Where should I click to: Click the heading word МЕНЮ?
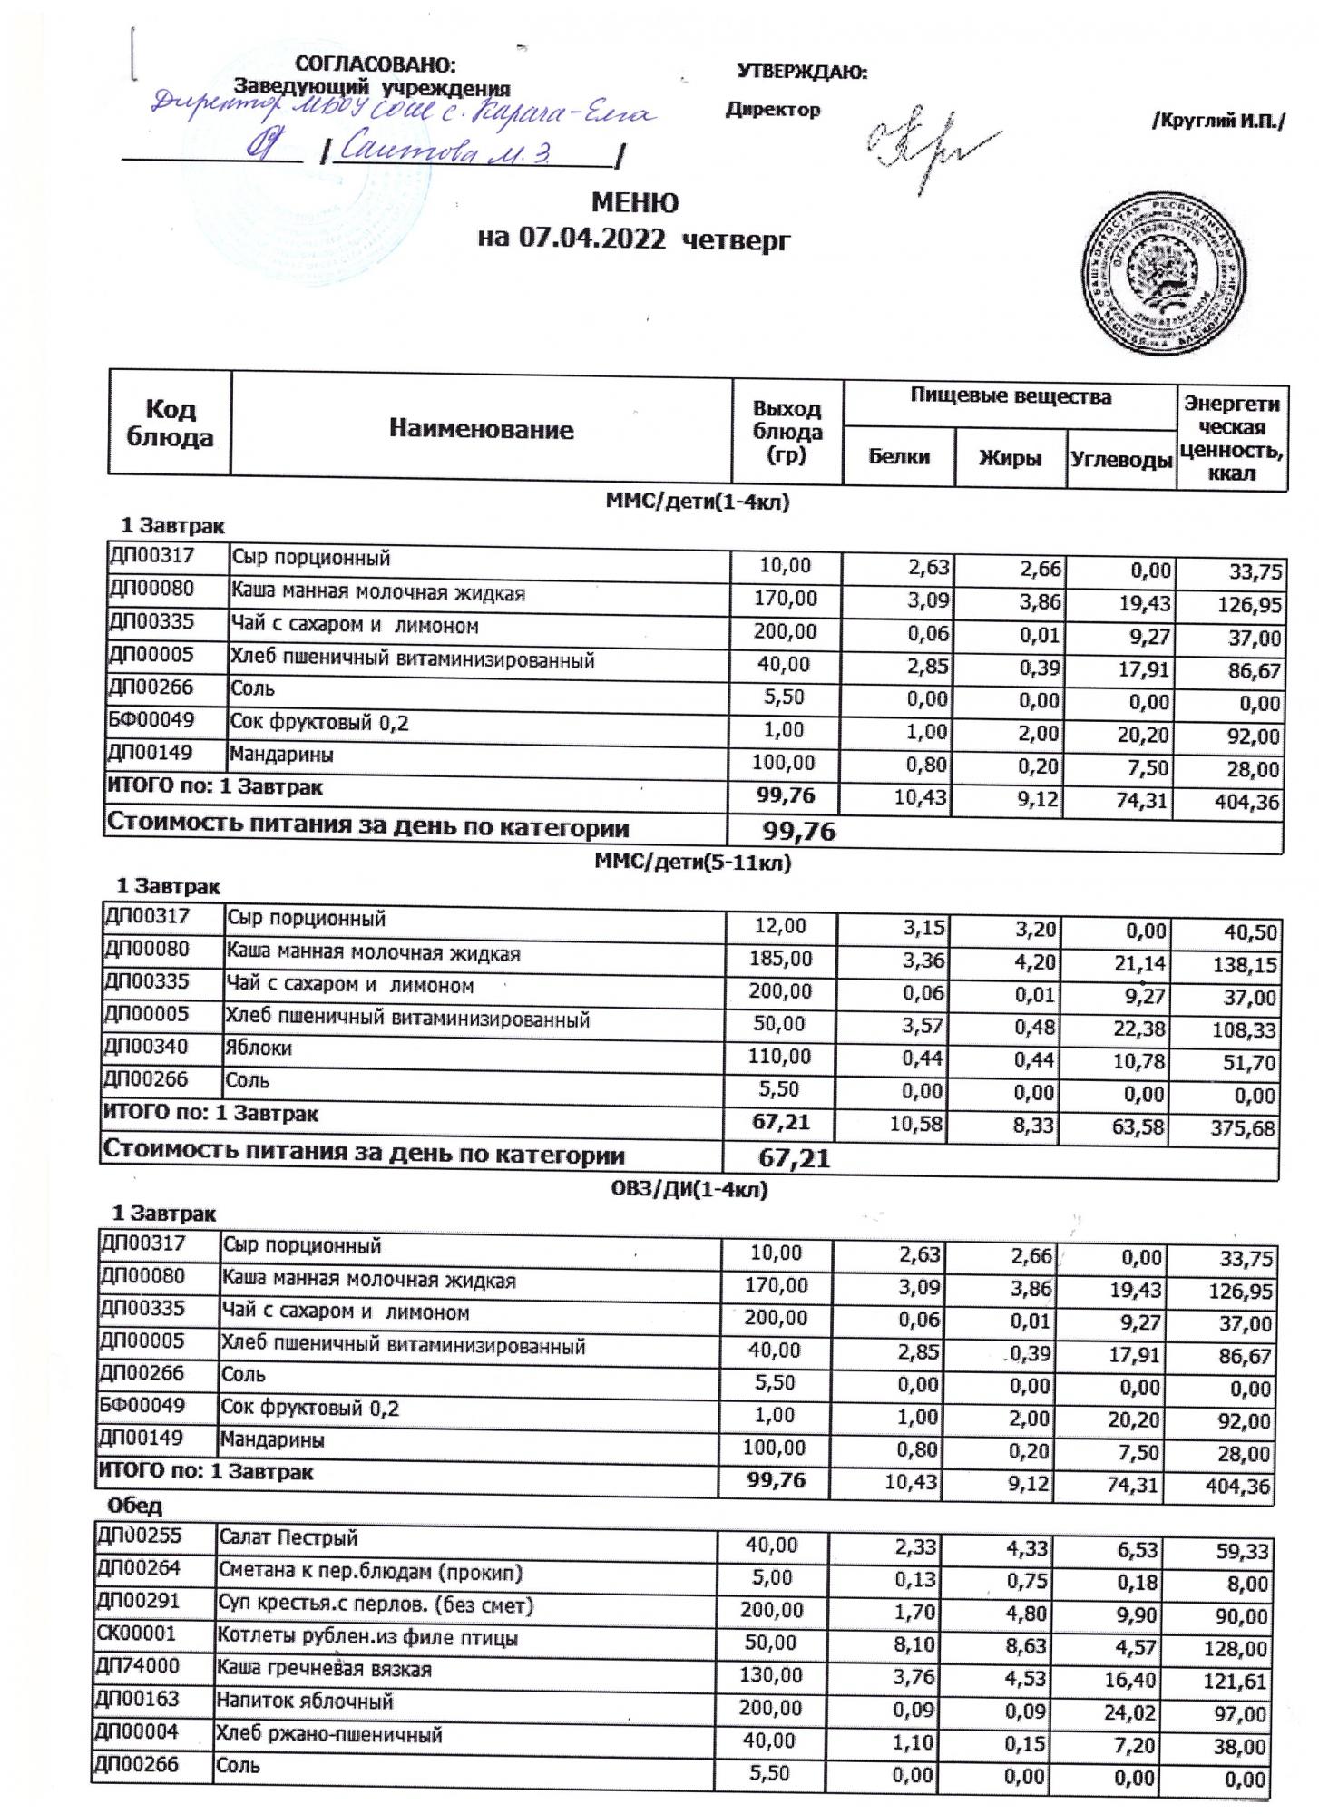pyautogui.click(x=635, y=201)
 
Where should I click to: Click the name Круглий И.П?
pyautogui.click(x=1217, y=122)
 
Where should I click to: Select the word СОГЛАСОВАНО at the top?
pyautogui.click(x=376, y=64)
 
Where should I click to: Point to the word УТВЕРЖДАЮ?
pyautogui.click(x=801, y=72)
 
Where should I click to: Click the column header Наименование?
pyautogui.click(x=481, y=429)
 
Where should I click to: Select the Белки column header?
pyautogui.click(x=899, y=457)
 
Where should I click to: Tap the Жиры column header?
pyautogui.click(x=1010, y=459)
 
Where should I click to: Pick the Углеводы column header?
pyautogui.click(x=1120, y=460)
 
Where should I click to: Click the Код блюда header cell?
pyautogui.click(x=170, y=424)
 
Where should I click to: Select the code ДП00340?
pyautogui.click(x=147, y=1047)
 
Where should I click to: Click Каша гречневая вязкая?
pyautogui.click(x=323, y=1669)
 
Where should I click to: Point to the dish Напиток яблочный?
pyautogui.click(x=305, y=1702)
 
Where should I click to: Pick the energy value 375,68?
pyautogui.click(x=1244, y=1129)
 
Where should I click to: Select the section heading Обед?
pyautogui.click(x=134, y=1506)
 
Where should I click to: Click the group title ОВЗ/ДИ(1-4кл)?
pyautogui.click(x=689, y=1190)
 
